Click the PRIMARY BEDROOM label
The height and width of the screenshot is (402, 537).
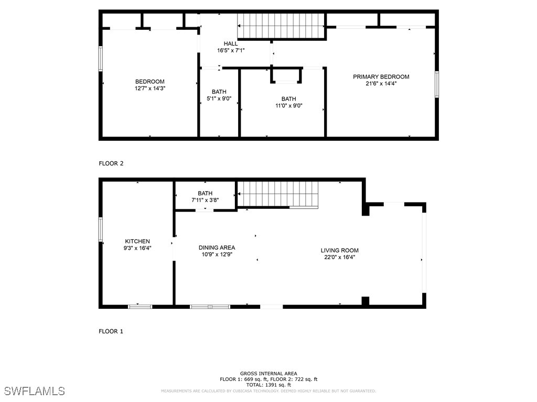[x=381, y=77]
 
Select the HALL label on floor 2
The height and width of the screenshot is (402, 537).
[x=231, y=43]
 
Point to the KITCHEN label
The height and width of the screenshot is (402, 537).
[x=137, y=241]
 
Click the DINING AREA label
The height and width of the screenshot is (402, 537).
[x=217, y=248]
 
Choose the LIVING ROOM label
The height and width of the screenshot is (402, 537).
[x=339, y=250]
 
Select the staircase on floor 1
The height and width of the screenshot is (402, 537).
[x=278, y=194]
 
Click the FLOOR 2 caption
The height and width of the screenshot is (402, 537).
[x=111, y=163]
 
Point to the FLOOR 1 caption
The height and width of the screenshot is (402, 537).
[x=111, y=331]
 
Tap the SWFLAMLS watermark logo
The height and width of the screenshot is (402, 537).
[x=35, y=391]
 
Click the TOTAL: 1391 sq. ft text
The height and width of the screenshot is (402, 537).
[x=268, y=384]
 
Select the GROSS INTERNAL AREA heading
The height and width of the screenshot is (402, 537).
[x=268, y=373]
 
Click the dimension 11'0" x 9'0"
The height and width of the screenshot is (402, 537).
[x=288, y=106]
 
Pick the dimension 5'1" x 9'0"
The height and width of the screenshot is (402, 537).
[x=219, y=98]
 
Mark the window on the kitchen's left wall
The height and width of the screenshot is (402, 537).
[x=101, y=229]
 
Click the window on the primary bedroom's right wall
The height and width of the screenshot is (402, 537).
[x=437, y=84]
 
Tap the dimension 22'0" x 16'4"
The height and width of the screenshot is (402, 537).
[x=339, y=257]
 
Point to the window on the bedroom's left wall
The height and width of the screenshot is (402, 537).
[x=101, y=58]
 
